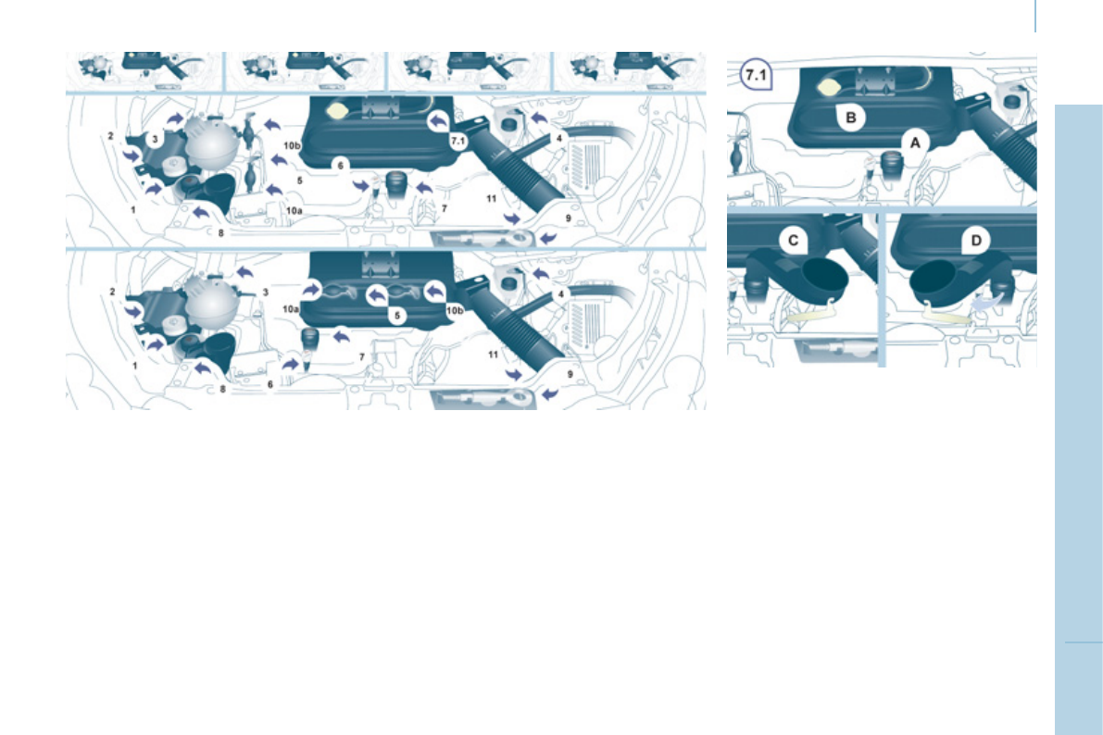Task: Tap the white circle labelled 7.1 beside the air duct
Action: (456, 142)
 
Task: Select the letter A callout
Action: (915, 143)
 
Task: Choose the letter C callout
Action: (793, 241)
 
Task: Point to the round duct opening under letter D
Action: (935, 277)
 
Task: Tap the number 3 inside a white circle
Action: (156, 138)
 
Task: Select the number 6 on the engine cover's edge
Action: (341, 165)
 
